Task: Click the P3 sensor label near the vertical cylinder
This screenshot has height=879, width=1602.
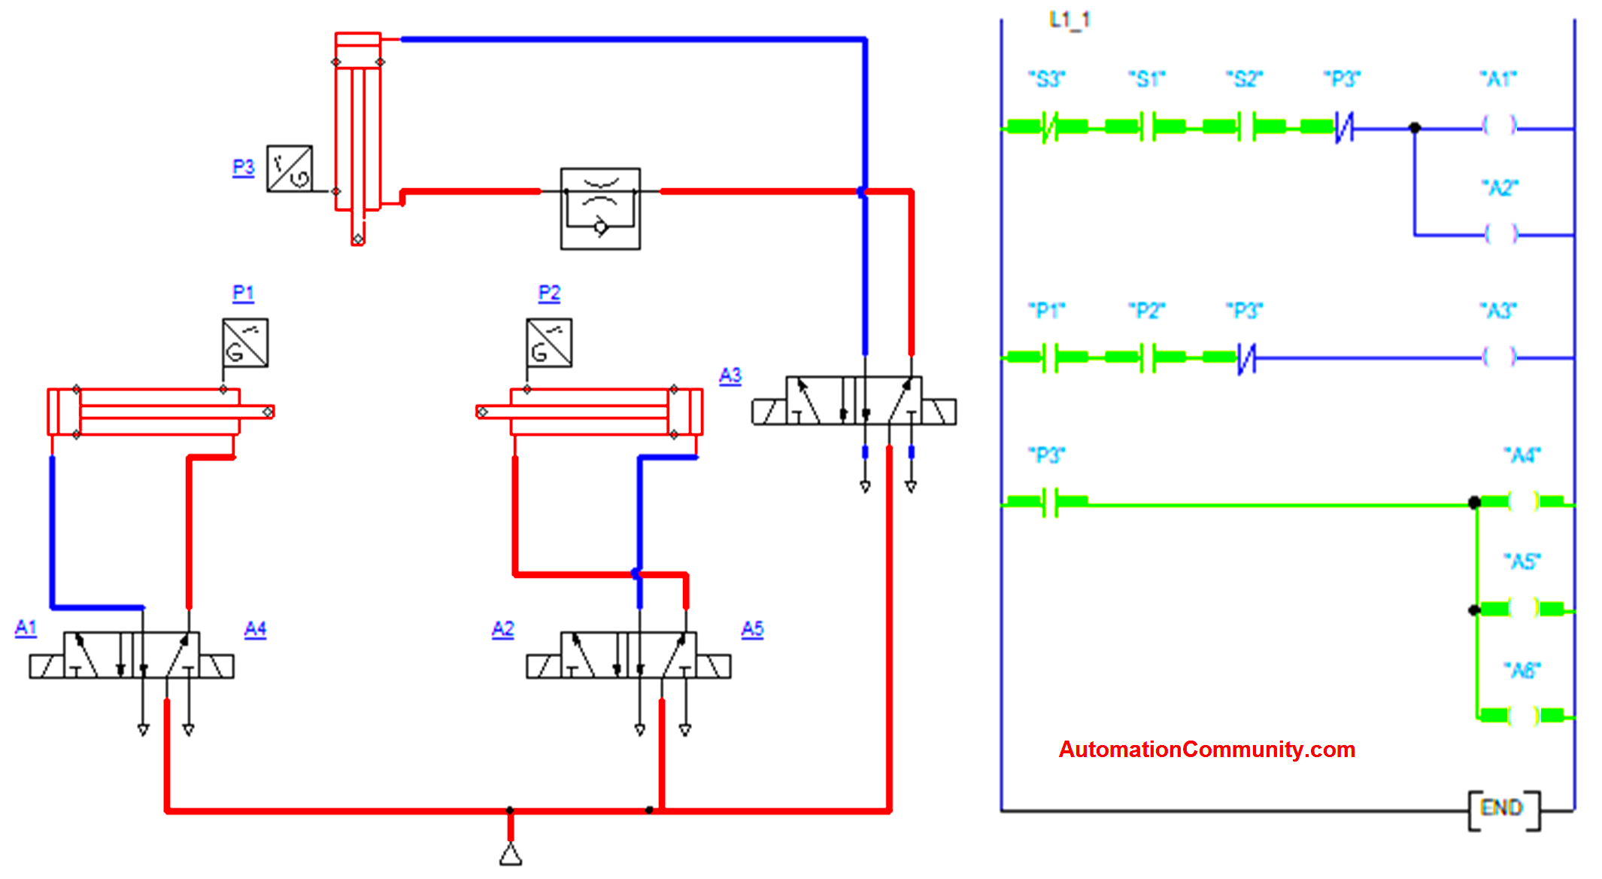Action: (x=243, y=167)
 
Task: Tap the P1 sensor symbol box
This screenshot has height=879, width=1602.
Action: (x=245, y=343)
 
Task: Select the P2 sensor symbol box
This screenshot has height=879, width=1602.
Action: (x=549, y=343)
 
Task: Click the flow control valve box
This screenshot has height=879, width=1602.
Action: (x=600, y=208)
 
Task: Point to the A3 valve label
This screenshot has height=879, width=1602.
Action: (x=730, y=376)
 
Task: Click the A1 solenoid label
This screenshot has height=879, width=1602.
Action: (x=26, y=628)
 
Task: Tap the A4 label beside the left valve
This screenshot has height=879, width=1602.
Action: (x=256, y=628)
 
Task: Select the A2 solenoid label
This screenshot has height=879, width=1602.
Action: (x=503, y=628)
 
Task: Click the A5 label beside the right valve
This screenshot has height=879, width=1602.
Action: (x=752, y=628)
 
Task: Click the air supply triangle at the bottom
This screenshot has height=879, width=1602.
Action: (x=511, y=854)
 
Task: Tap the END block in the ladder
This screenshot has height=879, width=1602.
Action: (x=1503, y=809)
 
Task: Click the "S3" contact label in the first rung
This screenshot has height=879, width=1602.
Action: (x=1047, y=79)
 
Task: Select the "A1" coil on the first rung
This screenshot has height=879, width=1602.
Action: (x=1500, y=126)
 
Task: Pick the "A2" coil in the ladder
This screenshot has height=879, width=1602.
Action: (x=1500, y=234)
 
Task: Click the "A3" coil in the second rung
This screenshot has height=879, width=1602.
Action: (x=1500, y=357)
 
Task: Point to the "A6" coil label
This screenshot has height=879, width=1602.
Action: (x=1522, y=670)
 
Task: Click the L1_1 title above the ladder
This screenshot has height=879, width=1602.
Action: (x=1070, y=20)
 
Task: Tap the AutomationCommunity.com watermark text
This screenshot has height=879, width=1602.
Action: (x=1206, y=750)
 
